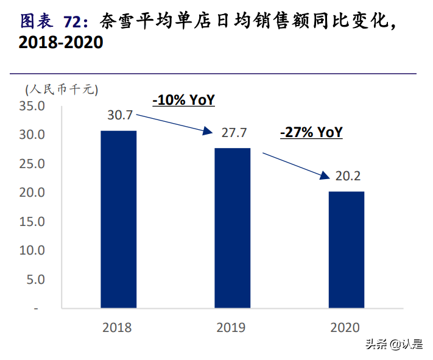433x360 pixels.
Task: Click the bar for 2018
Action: coord(118,219)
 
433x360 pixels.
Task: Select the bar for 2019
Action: coord(232,228)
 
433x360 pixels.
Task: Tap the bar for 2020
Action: coord(347,250)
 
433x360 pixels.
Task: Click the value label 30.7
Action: coord(120,115)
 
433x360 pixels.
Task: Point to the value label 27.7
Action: coord(234,132)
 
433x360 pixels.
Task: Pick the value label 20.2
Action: coord(348,177)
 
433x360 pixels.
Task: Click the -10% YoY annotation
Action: coord(183,100)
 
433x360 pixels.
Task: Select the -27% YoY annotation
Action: coord(311,132)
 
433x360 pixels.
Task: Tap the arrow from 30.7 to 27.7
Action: coord(173,123)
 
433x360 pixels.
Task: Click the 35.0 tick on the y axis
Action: coord(33,106)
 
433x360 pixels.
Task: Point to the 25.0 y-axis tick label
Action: coord(33,164)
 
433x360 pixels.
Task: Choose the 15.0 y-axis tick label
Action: coord(33,222)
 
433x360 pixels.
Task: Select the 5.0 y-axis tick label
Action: coord(36,280)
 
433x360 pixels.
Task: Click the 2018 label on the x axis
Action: coord(118,328)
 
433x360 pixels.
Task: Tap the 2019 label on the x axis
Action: coord(231,328)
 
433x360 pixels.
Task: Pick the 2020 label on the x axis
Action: coord(345,328)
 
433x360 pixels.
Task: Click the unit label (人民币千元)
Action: coord(62,89)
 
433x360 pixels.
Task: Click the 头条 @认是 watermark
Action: coord(393,345)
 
